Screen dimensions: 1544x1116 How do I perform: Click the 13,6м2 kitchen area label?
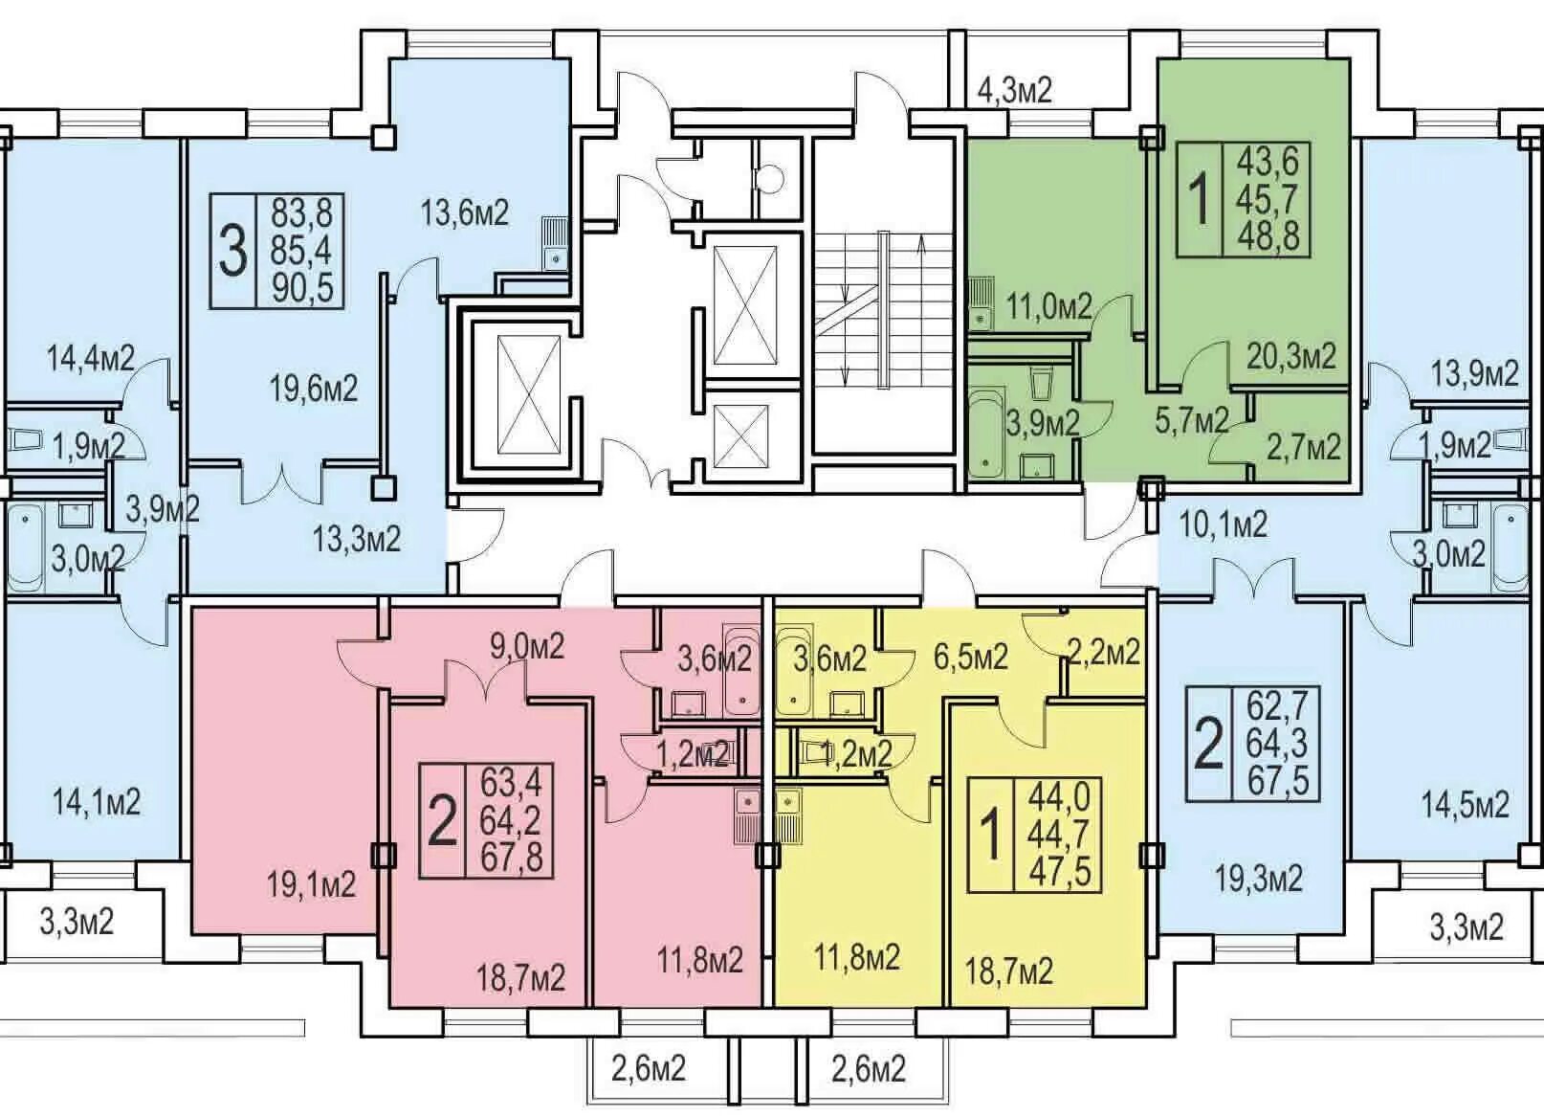[x=465, y=213]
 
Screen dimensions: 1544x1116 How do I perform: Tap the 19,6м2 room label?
[x=314, y=390]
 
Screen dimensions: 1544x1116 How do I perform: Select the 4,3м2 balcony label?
[x=1015, y=90]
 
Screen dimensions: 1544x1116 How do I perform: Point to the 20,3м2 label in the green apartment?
[x=1291, y=356]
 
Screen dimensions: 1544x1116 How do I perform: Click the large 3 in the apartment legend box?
[x=232, y=253]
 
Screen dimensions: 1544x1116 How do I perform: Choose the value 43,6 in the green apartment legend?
[x=1267, y=162]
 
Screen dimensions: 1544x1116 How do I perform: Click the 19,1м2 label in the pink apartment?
[x=312, y=885]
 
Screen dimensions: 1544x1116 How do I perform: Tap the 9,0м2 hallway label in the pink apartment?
[x=526, y=647]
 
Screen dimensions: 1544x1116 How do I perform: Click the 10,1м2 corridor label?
[x=1224, y=525]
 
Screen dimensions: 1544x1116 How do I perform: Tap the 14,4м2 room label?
[x=90, y=359]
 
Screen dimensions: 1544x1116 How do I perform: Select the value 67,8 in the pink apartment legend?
[x=512, y=858]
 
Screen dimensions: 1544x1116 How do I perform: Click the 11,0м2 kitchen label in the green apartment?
[x=1049, y=306]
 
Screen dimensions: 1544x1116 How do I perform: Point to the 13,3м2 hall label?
[x=357, y=538]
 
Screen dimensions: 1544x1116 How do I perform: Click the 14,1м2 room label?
[x=97, y=802]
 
